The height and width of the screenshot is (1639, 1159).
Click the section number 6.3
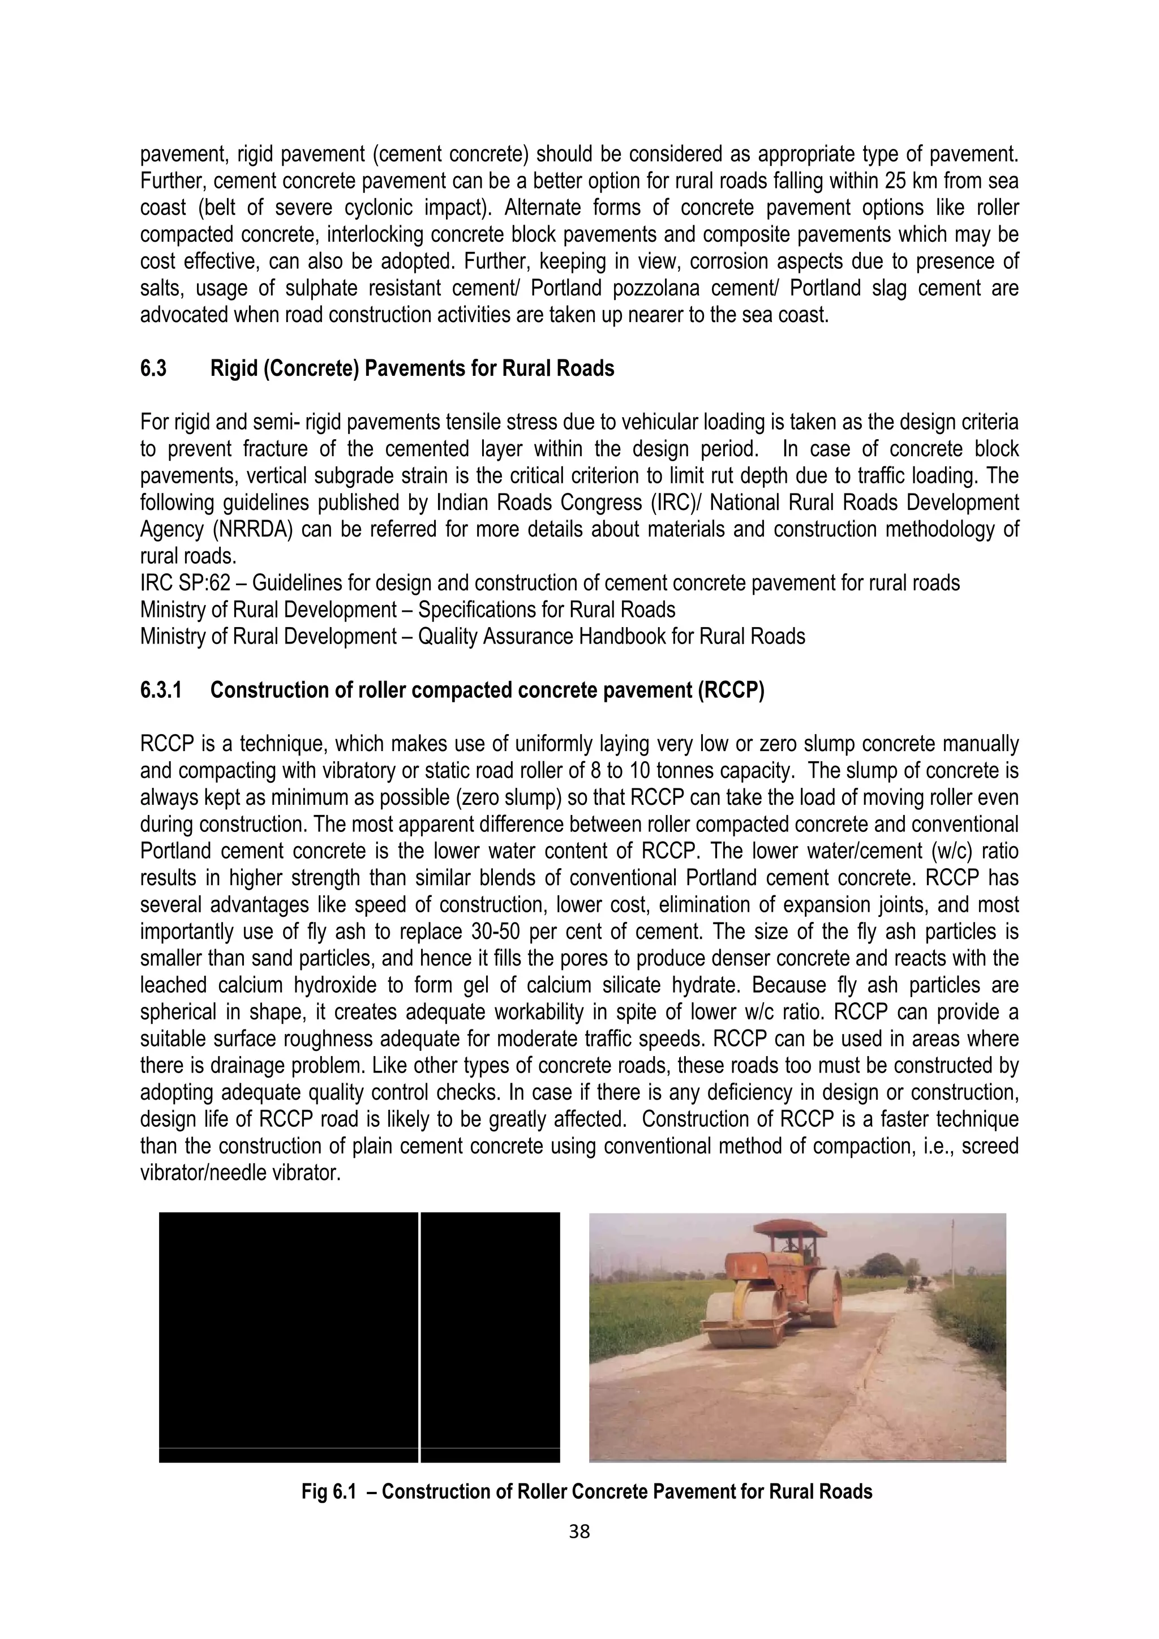coord(153,369)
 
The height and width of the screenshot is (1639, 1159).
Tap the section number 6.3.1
coord(161,690)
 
